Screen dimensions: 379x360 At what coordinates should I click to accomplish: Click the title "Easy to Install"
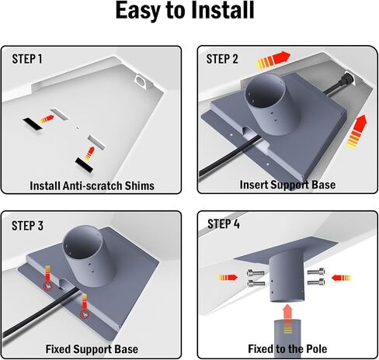185,11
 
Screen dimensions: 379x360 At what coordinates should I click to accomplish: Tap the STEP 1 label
27,59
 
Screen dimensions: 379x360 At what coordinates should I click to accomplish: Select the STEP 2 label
222,59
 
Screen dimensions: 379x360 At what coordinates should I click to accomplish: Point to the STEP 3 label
27,226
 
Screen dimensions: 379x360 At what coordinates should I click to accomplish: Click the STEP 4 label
224,223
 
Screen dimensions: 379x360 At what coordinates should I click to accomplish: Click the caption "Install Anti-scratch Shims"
92,185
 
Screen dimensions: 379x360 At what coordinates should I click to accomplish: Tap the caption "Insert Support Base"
287,185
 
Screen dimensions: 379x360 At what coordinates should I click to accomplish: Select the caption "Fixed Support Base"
92,349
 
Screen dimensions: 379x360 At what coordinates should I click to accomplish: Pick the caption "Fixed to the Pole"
287,349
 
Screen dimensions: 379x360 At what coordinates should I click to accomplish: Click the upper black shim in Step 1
33,124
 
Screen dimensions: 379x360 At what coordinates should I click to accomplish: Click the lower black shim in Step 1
84,165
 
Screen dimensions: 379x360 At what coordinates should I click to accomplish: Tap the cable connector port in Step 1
141,80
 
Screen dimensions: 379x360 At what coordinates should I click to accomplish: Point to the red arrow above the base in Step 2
273,60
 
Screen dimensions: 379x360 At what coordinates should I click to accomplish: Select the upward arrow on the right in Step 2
357,132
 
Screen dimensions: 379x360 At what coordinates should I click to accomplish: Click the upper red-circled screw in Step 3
47,286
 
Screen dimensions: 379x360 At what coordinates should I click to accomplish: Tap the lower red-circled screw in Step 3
84,314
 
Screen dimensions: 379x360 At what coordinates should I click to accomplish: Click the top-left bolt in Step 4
256,272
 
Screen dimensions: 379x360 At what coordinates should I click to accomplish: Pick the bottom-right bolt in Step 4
316,282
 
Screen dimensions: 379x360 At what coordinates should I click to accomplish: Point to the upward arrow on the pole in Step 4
287,319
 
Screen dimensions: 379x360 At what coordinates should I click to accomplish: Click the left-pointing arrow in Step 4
342,278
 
